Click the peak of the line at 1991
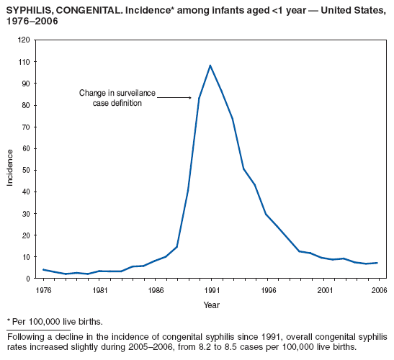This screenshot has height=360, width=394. click(210, 66)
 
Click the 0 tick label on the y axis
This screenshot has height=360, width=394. click(27, 279)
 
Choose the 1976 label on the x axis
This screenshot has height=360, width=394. click(43, 290)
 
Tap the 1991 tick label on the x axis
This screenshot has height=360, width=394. click(210, 290)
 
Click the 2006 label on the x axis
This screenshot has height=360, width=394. click(377, 290)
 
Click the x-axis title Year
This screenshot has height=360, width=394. click(210, 305)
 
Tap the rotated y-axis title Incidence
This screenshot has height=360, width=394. click(10, 167)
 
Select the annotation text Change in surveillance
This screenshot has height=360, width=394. click(117, 93)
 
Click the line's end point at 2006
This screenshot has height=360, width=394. click(377, 263)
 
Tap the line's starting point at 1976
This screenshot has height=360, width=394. click(43, 269)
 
